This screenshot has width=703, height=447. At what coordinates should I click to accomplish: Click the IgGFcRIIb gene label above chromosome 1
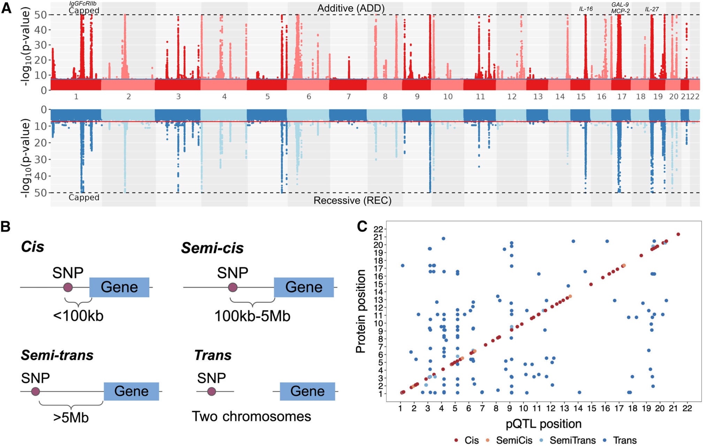[83, 3]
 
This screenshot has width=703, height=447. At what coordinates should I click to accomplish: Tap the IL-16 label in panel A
[586, 9]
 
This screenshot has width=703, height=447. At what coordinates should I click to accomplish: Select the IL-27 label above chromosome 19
[651, 9]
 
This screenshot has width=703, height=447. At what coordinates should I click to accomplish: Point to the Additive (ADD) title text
[351, 8]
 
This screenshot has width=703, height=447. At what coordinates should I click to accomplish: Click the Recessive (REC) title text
[352, 201]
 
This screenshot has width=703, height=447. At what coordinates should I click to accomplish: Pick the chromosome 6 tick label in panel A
[309, 97]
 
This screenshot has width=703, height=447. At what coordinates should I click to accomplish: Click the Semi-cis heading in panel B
[212, 248]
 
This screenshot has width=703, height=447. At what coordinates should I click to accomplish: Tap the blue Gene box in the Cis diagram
[120, 287]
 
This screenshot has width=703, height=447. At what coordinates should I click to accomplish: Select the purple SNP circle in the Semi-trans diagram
[35, 392]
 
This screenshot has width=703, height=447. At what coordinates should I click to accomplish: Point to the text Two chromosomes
[251, 417]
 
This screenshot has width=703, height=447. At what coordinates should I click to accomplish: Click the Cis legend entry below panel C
[467, 440]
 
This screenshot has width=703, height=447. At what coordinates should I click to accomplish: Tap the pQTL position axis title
[543, 424]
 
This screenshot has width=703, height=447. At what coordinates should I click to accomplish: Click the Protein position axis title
[360, 311]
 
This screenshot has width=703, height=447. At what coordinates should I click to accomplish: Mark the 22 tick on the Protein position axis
[378, 229]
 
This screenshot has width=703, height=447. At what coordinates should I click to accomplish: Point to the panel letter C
[362, 227]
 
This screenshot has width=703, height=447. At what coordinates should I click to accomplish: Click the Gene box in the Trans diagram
[307, 391]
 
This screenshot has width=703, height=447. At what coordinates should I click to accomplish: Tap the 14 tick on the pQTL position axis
[578, 409]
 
